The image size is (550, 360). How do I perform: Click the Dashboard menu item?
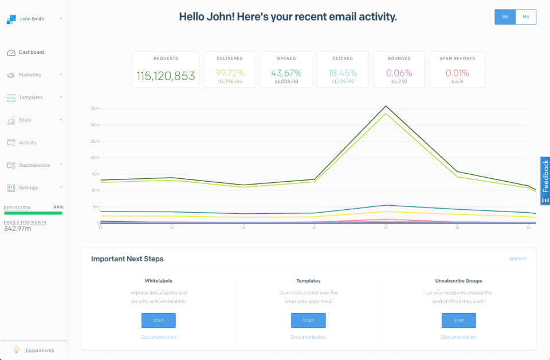tap(31, 52)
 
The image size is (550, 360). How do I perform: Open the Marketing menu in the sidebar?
tap(30, 75)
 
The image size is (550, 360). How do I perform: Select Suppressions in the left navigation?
tap(34, 165)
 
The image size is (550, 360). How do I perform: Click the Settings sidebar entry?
tap(29, 187)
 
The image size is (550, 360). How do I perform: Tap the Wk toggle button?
tap(505, 17)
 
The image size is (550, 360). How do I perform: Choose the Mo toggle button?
tap(526, 17)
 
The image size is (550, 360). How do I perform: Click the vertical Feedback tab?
tap(545, 181)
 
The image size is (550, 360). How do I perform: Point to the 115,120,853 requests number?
tap(166, 76)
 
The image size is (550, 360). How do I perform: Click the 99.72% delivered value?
tap(230, 73)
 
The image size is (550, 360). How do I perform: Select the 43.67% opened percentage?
tap(286, 73)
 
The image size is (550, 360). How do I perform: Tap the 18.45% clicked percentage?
tap(343, 73)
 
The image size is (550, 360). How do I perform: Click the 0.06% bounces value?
tap(399, 73)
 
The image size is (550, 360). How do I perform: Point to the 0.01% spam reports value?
tap(457, 73)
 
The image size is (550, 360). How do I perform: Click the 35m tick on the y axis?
tap(95, 108)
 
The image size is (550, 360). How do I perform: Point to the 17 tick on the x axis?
tap(386, 228)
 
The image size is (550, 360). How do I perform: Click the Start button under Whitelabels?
tap(159, 320)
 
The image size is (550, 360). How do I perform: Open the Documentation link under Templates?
tap(308, 337)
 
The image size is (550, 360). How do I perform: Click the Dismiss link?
tap(517, 259)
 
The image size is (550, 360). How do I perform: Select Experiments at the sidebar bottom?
tap(40, 350)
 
